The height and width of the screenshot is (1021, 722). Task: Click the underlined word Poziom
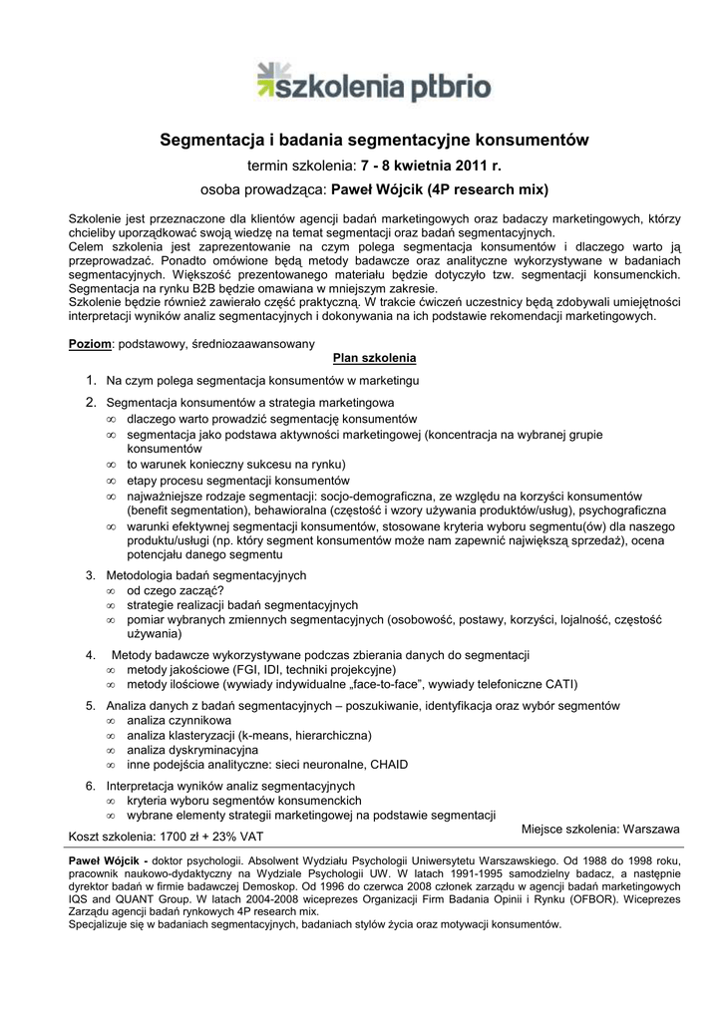(x=90, y=343)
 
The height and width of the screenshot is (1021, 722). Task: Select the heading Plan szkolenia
(x=374, y=358)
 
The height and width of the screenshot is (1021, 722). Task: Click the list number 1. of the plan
(x=91, y=381)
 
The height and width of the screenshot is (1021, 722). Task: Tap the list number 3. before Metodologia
(x=91, y=575)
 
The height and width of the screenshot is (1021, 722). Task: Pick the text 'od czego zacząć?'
(x=175, y=590)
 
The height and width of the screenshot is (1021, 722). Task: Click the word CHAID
(x=389, y=765)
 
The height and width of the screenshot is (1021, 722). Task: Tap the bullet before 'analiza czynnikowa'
(x=111, y=720)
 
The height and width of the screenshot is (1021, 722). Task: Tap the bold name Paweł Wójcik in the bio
(x=104, y=859)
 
